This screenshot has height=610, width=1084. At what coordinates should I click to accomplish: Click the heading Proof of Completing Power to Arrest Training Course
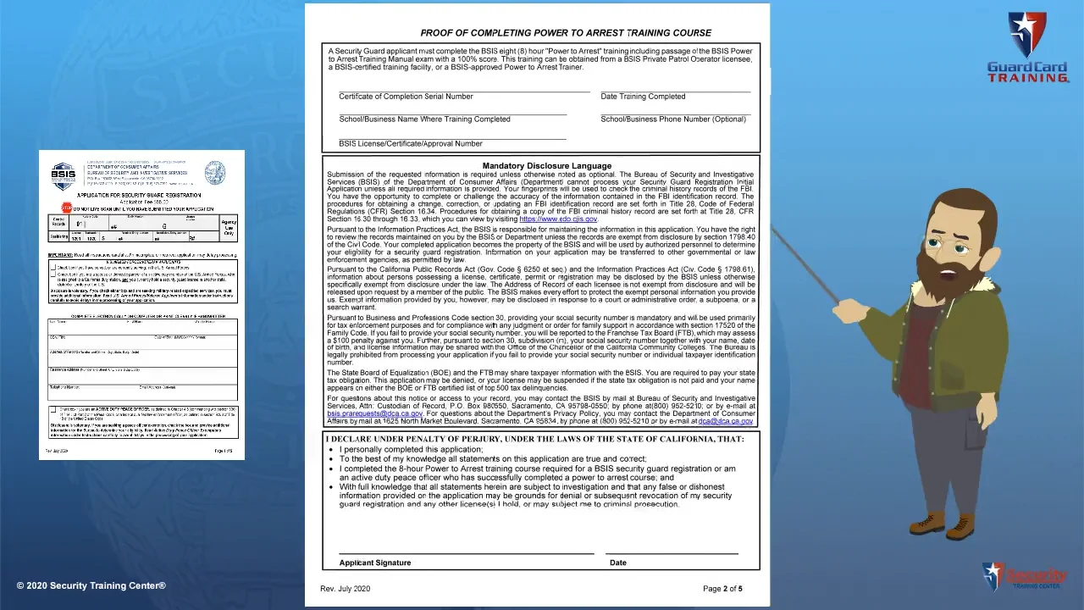click(x=566, y=33)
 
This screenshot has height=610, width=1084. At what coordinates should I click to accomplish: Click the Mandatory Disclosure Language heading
click(x=546, y=166)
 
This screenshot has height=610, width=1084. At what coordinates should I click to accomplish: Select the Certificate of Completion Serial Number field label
click(x=406, y=97)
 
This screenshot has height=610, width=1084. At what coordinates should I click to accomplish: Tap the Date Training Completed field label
click(x=643, y=97)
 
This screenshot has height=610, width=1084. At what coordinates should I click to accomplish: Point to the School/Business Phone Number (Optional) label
click(x=673, y=119)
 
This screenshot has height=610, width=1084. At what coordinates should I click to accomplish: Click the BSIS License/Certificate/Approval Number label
click(x=411, y=144)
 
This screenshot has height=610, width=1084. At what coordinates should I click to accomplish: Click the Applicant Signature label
click(x=374, y=563)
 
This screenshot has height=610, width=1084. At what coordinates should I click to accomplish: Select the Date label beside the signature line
click(x=618, y=563)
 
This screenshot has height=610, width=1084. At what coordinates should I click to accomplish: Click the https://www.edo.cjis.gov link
click(x=558, y=219)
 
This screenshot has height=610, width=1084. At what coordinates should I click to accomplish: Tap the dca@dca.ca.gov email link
click(x=725, y=421)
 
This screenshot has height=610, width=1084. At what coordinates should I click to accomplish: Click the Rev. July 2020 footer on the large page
click(x=345, y=589)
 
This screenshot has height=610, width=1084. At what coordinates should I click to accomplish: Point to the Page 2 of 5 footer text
click(x=722, y=589)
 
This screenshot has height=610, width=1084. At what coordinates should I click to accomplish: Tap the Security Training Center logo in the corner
click(x=1024, y=577)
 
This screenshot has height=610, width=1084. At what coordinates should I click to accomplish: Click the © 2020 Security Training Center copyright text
click(x=91, y=586)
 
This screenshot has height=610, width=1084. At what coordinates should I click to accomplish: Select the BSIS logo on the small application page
click(x=64, y=175)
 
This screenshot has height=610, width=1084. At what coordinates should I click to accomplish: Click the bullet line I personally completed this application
click(x=411, y=450)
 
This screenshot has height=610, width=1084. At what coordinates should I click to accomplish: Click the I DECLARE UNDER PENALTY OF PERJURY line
click(x=534, y=439)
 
